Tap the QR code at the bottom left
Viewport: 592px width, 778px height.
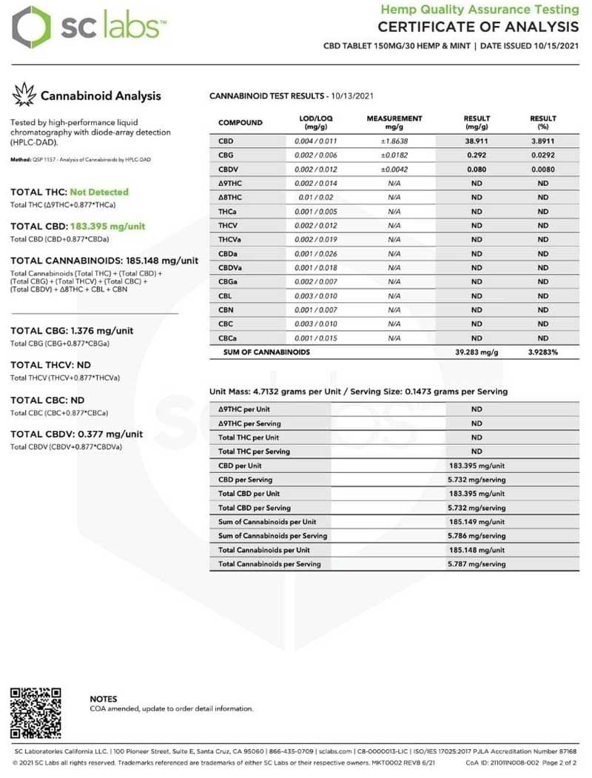pos(36,713)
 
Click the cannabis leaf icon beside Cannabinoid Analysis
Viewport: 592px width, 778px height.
pos(24,95)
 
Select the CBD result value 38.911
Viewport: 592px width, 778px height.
pos(477,140)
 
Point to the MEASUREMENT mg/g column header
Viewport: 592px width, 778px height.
pos(394,122)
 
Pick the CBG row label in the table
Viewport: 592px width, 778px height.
pos(226,155)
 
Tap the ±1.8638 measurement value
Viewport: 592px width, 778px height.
pos(394,140)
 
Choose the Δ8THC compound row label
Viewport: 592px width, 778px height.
pos(229,197)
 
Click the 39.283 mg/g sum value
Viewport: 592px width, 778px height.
pos(477,352)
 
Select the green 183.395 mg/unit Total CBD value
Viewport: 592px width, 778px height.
pos(107,226)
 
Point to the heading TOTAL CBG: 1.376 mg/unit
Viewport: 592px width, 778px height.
pos(72,331)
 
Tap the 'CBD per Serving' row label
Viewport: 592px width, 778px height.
pos(244,480)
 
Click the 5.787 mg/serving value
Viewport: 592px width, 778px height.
pos(477,564)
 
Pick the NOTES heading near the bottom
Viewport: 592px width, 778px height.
pos(103,699)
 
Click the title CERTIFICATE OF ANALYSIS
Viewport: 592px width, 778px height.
pos(478,27)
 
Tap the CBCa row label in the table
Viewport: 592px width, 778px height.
pos(227,338)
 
